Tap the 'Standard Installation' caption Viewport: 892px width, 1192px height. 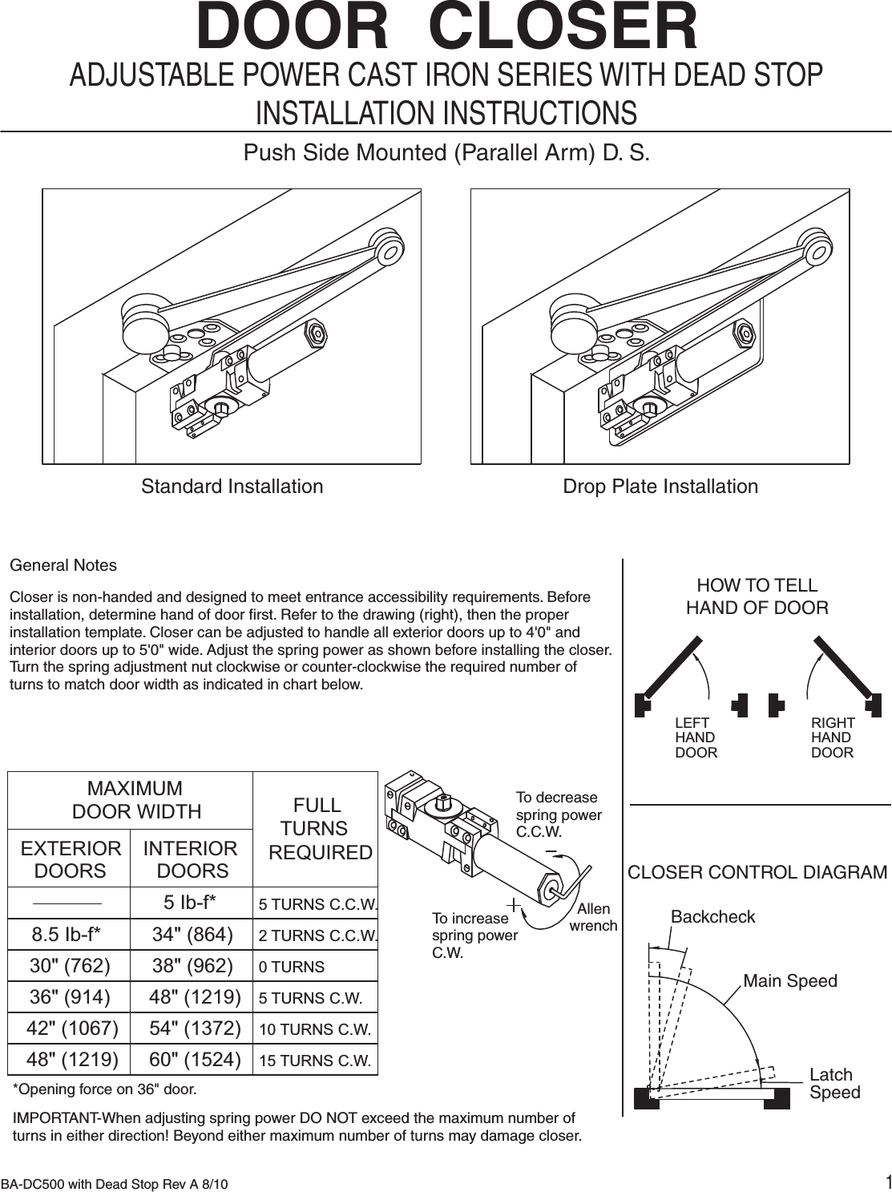[232, 487]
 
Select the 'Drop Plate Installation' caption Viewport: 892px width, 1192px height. [660, 487]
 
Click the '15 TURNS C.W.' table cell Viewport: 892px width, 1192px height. [315, 1061]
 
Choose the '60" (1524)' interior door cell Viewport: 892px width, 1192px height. [196, 1060]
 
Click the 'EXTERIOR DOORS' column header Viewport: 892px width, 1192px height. [71, 859]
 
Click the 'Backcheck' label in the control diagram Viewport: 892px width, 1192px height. [712, 917]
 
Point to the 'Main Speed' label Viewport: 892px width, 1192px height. [790, 981]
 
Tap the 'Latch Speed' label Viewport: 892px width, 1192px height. [833, 1084]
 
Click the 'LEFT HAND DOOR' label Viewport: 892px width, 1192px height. [695, 737]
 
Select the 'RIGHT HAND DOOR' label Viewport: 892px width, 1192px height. [833, 737]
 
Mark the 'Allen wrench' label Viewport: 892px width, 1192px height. [593, 917]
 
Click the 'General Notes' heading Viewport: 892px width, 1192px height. [63, 565]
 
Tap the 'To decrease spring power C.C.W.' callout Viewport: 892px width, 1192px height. [558, 814]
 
